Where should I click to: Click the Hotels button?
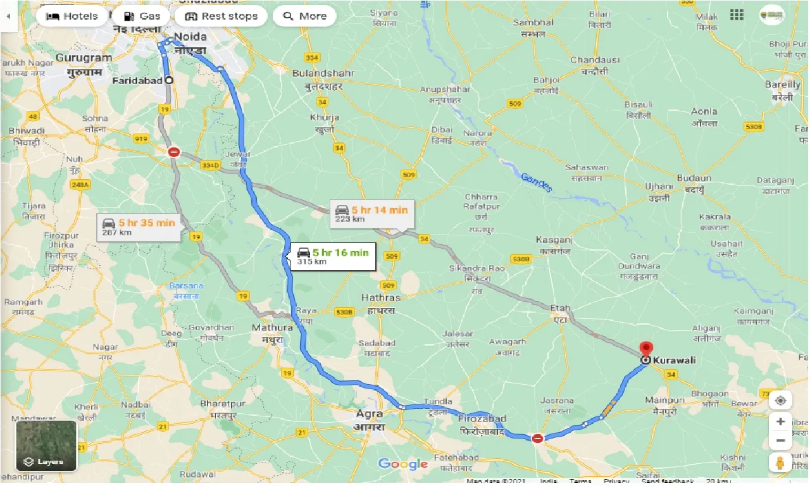(72, 16)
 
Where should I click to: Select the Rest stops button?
(221, 16)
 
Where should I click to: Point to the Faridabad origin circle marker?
(168, 80)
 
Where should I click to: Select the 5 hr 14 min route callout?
(372, 214)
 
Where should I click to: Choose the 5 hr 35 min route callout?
(139, 227)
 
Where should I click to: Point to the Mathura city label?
(272, 328)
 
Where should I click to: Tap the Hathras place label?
(380, 297)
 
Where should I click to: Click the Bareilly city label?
(782, 85)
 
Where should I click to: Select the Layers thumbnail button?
(46, 446)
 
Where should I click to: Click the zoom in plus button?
(781, 421)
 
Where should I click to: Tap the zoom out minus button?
(781, 440)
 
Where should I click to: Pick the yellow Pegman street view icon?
(781, 463)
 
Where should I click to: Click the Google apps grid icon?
(737, 15)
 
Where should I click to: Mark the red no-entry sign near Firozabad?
(537, 438)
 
